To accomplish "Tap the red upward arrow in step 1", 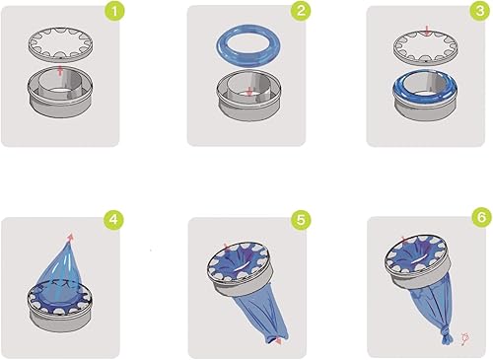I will (61, 71).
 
